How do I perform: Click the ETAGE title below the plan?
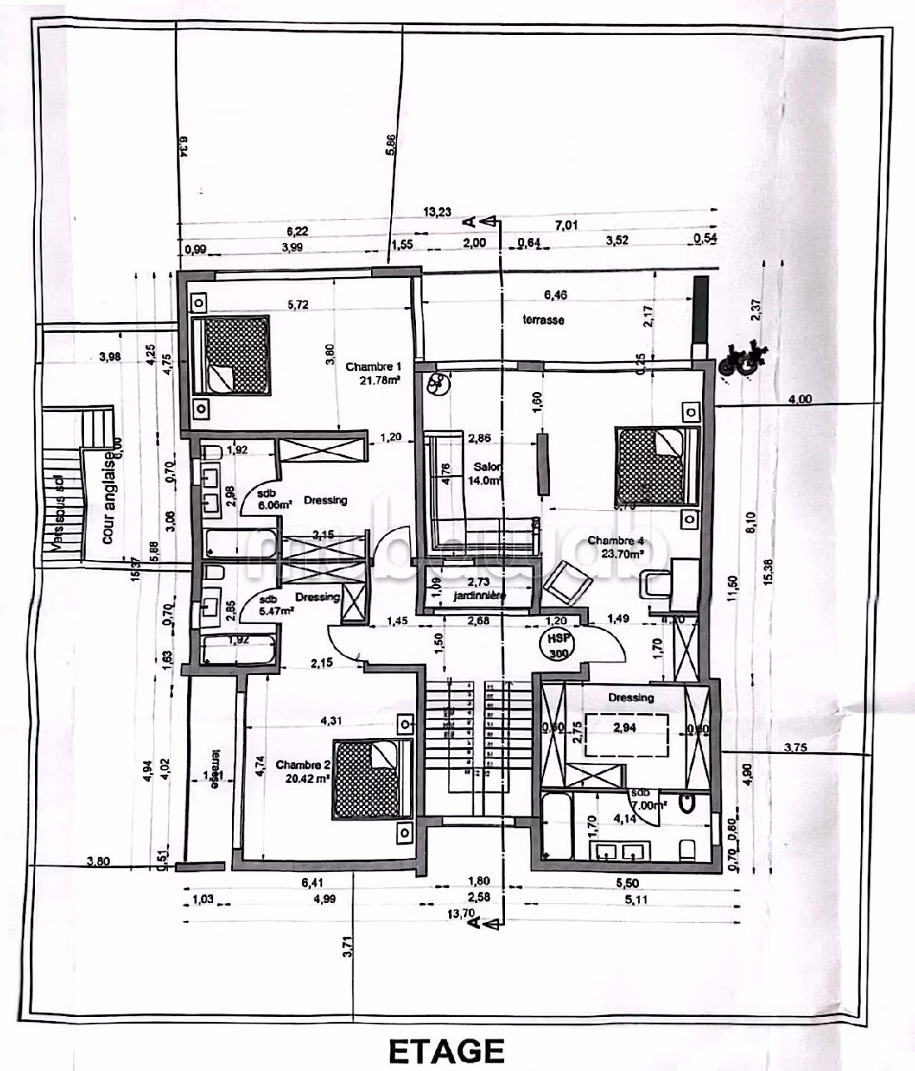point(447,1050)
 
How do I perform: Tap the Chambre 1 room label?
point(373,366)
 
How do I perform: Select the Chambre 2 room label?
point(303,765)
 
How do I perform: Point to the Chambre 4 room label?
point(616,541)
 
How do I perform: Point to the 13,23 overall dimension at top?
point(438,212)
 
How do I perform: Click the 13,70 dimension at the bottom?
point(460,913)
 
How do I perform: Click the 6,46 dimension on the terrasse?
point(555,295)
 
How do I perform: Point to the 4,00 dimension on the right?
point(799,399)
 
